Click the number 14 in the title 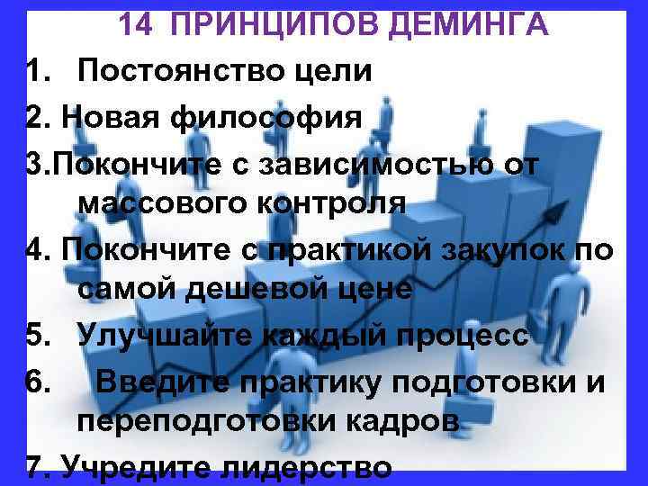[137, 24]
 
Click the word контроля [323, 203]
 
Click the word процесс [468, 336]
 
